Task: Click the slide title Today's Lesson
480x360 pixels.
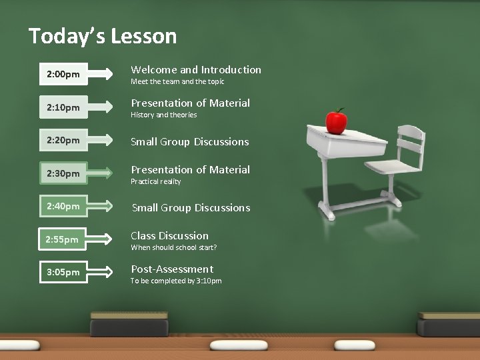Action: pos(103,35)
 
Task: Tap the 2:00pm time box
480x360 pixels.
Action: pos(64,75)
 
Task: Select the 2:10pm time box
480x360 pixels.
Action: pos(64,107)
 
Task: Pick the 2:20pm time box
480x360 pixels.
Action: pos(64,141)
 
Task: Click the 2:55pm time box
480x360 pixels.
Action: pos(64,239)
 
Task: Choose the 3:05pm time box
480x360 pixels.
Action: pos(64,272)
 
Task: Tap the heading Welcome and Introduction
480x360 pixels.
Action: pos(196,69)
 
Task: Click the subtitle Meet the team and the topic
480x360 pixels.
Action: pos(177,81)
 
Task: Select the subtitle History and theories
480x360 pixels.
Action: pos(164,115)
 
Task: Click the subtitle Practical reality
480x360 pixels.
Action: pos(156,181)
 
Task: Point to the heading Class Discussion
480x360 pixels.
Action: pos(169,235)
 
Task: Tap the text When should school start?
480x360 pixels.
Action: pos(174,247)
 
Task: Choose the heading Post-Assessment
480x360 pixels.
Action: pos(172,269)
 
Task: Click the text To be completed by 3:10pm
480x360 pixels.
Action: pos(176,281)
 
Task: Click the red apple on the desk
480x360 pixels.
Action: pos(336,121)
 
